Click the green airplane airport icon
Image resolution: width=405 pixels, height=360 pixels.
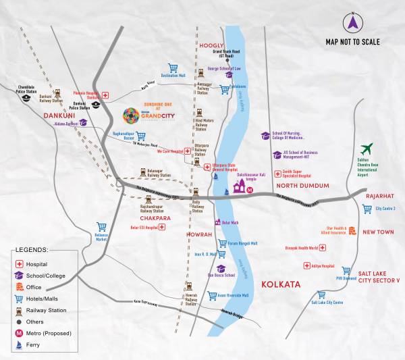click(367, 149)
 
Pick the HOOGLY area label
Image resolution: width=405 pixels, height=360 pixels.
click(211, 45)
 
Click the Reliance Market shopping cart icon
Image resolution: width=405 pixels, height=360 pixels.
click(101, 227)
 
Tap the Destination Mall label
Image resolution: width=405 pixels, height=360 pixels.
click(173, 76)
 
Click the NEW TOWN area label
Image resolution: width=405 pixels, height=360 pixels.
click(378, 232)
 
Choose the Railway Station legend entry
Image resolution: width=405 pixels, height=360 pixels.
click(44, 310)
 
